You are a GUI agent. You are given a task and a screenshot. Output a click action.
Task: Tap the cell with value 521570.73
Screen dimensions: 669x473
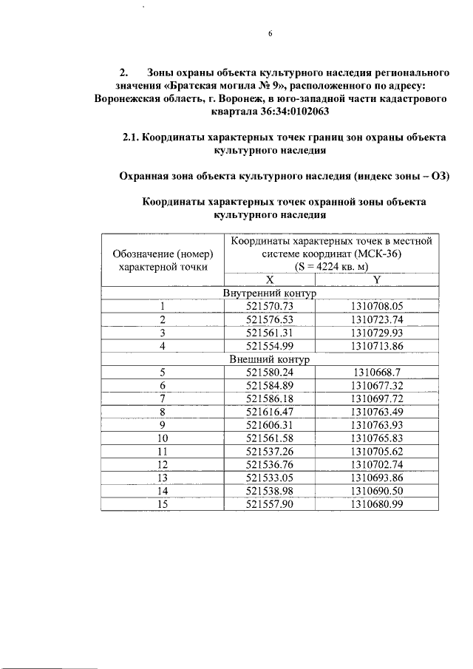[270, 306]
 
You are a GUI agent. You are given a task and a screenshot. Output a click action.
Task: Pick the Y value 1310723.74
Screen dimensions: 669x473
[377, 319]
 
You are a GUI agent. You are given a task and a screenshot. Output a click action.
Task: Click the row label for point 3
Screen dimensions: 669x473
[162, 333]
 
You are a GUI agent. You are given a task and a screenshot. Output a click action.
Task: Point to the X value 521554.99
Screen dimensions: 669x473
[270, 345]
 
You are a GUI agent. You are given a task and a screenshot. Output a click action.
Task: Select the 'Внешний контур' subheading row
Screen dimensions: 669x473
[270, 359]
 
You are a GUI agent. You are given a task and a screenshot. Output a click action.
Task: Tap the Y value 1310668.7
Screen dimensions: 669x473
[377, 372]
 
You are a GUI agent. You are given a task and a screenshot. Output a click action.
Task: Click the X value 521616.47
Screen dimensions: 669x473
[270, 411]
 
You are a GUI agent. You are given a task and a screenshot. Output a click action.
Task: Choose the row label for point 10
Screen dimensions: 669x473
[162, 438]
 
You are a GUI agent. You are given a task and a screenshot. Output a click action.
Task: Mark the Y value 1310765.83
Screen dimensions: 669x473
[377, 438]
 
